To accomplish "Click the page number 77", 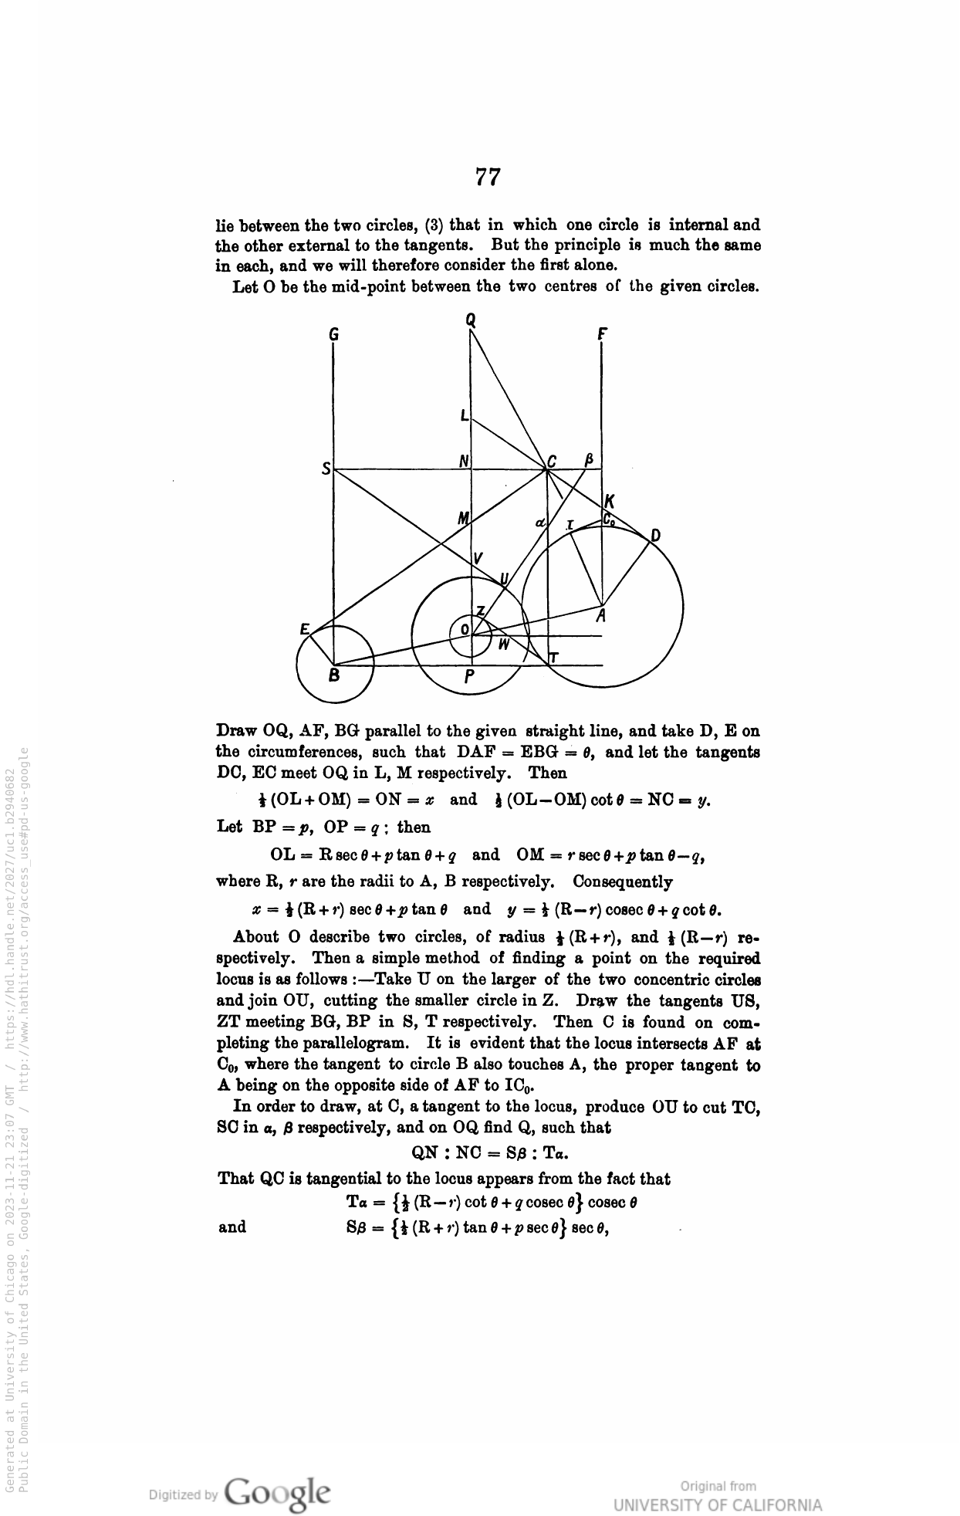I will pos(488,178).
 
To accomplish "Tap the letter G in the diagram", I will pos(333,335).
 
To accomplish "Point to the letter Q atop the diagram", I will pos(471,319).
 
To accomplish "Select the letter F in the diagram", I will pos(602,334).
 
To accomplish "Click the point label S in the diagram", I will pos(326,469).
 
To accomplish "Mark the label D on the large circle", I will pos(655,536).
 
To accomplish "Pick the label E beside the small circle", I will pos(305,629).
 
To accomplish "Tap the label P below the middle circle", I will pos(470,678).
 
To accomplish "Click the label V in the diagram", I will pos(478,558).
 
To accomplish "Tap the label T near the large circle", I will pos(553,658).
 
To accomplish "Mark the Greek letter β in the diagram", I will pos(589,460).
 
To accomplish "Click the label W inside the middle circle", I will pos(503,645).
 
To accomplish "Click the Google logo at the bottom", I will pos(279,1493).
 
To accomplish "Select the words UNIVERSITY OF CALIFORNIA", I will pos(718,1505).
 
